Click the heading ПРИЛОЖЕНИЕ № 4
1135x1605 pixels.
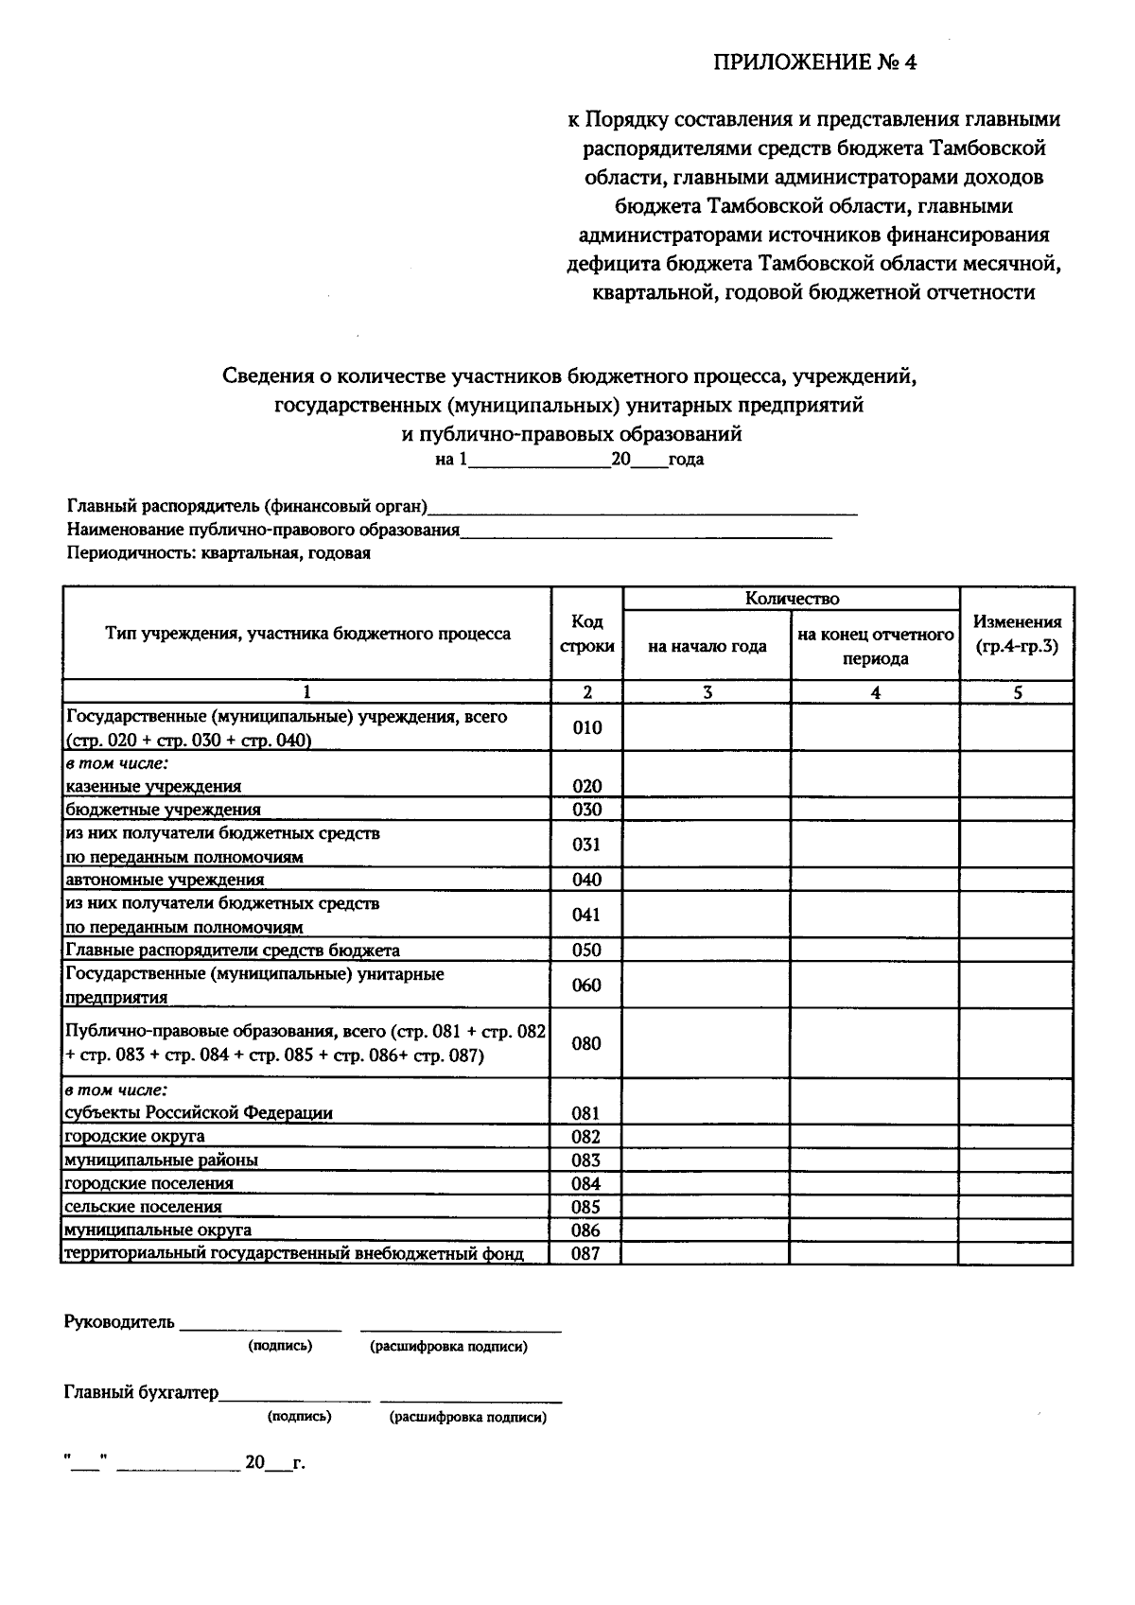(x=814, y=63)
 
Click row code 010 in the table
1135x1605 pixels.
(x=587, y=727)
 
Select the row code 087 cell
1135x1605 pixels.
(x=586, y=1254)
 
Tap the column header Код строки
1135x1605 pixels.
(x=587, y=634)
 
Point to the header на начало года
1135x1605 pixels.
(x=707, y=647)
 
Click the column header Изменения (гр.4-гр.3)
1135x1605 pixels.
(x=1017, y=634)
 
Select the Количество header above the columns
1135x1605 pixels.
(x=792, y=599)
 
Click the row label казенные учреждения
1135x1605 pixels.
(x=153, y=786)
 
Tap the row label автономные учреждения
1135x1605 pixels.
(x=165, y=880)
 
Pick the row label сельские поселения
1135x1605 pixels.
(x=143, y=1207)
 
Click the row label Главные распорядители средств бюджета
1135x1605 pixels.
(x=232, y=951)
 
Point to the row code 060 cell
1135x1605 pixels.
(x=587, y=986)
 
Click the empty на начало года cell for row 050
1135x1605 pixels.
(x=707, y=951)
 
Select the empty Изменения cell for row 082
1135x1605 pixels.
(x=1017, y=1137)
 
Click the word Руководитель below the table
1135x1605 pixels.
(x=119, y=1322)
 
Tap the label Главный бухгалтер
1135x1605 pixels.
(x=141, y=1392)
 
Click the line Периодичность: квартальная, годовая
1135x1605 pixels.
(x=218, y=554)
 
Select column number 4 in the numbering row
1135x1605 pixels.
(x=875, y=692)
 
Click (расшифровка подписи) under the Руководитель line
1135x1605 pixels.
(x=448, y=1346)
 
